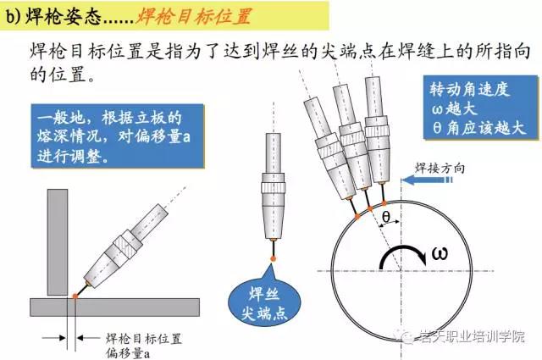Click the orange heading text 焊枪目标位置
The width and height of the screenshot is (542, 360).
194,16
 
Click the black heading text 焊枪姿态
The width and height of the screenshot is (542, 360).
64,16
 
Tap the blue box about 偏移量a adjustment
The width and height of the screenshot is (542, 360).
118,136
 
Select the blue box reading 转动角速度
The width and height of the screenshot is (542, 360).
481,108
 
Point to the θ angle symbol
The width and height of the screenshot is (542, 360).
386,217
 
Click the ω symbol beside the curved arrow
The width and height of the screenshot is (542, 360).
440,253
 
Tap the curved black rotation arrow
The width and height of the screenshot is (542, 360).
403,249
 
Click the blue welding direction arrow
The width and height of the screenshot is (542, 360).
427,180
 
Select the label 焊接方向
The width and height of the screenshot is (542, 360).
440,169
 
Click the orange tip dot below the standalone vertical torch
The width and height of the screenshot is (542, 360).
273,258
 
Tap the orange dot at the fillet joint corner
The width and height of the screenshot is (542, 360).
75,296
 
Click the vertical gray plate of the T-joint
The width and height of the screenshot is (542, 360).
58,242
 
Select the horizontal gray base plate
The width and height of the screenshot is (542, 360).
114,307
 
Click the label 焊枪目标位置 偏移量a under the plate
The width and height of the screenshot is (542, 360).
143,346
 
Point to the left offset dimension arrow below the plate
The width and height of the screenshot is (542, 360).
54,337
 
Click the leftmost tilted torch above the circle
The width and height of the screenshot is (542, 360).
329,149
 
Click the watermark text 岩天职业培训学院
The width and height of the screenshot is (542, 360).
473,336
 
